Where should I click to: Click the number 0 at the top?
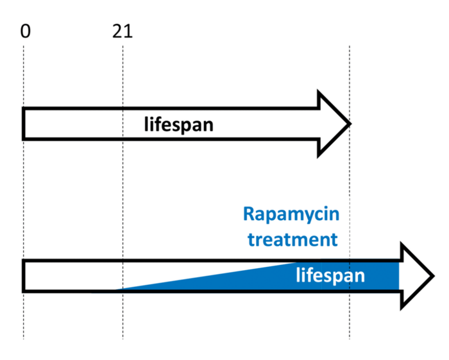24,30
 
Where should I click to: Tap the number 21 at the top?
122,30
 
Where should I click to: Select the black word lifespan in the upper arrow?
178,124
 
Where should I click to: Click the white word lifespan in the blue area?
330,276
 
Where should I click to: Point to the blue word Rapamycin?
291,214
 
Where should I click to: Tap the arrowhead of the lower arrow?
417,276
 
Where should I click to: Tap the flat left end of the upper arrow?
24,124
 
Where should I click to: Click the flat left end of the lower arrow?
24,276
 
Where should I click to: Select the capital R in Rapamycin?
249,214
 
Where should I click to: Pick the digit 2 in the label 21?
117,30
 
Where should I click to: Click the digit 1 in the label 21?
128,30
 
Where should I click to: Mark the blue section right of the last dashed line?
375,276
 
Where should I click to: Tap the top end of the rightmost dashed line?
350,47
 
